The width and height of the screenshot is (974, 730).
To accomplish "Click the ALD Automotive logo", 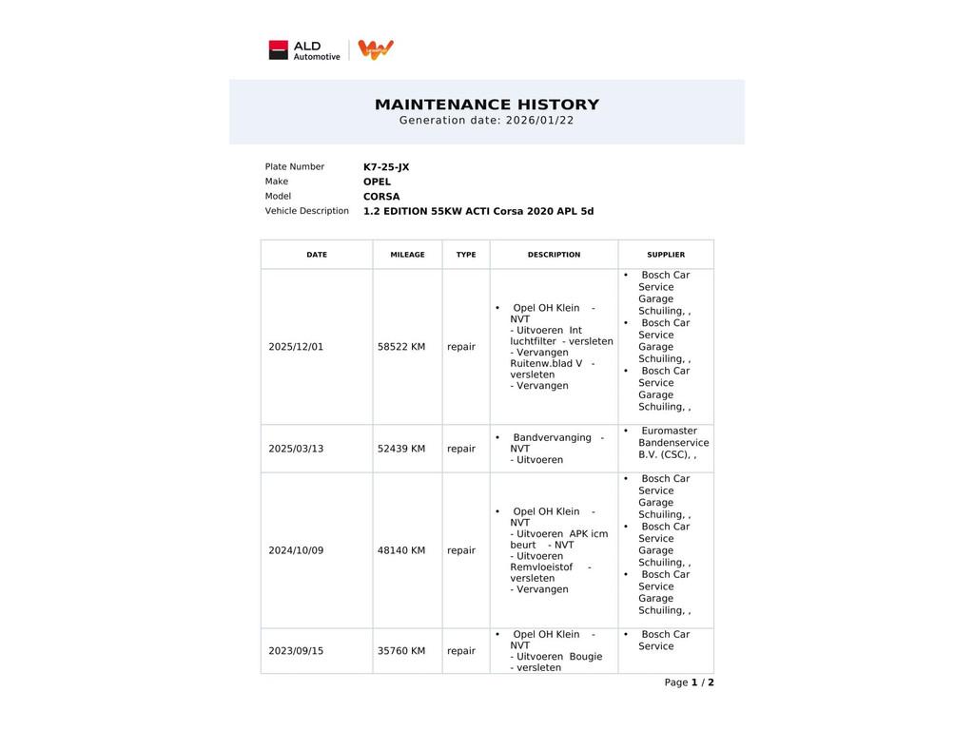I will tap(304, 50).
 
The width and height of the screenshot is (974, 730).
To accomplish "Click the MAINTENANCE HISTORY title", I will tap(487, 105).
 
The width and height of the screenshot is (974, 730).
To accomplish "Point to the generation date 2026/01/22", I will tap(539, 121).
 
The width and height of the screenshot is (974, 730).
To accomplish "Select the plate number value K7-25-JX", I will tap(386, 167).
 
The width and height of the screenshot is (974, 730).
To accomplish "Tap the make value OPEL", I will tap(377, 182).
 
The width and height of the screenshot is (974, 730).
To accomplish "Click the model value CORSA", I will tap(381, 197).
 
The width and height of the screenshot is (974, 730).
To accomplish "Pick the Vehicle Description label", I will tap(306, 211).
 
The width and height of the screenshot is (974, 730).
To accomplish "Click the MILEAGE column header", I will tap(407, 255).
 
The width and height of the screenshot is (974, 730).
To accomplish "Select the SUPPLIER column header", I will tap(666, 255).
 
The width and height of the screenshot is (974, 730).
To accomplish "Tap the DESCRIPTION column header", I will tap(554, 255).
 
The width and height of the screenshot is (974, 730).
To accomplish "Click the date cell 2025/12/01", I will tap(296, 347).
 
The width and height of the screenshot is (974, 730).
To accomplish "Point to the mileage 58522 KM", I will tap(401, 347).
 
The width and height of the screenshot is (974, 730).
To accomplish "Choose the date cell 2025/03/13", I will tap(296, 449).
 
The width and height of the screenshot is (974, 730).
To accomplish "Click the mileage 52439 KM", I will tap(401, 449).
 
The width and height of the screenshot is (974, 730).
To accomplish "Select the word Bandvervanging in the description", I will tap(552, 438).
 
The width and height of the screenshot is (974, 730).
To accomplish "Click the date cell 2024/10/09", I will tap(296, 550).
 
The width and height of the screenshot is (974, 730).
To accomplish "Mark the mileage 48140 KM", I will tap(401, 550).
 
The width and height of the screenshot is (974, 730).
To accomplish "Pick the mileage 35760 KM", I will tap(401, 651).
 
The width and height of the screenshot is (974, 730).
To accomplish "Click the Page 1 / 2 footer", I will tap(689, 682).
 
